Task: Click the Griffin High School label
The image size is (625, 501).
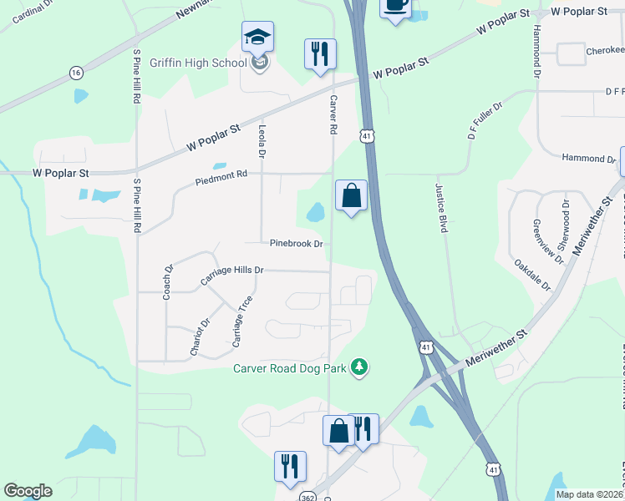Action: (198, 63)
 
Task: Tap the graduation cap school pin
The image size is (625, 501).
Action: (258, 38)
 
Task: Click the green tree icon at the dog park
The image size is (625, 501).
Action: (359, 367)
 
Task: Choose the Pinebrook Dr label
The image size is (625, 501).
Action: (296, 243)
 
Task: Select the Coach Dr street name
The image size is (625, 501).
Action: (168, 281)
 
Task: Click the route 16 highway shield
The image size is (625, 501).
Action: (76, 73)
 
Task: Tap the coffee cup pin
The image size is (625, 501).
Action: (395, 7)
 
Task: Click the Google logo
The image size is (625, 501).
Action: (28, 491)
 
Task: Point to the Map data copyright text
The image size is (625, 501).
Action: (589, 494)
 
